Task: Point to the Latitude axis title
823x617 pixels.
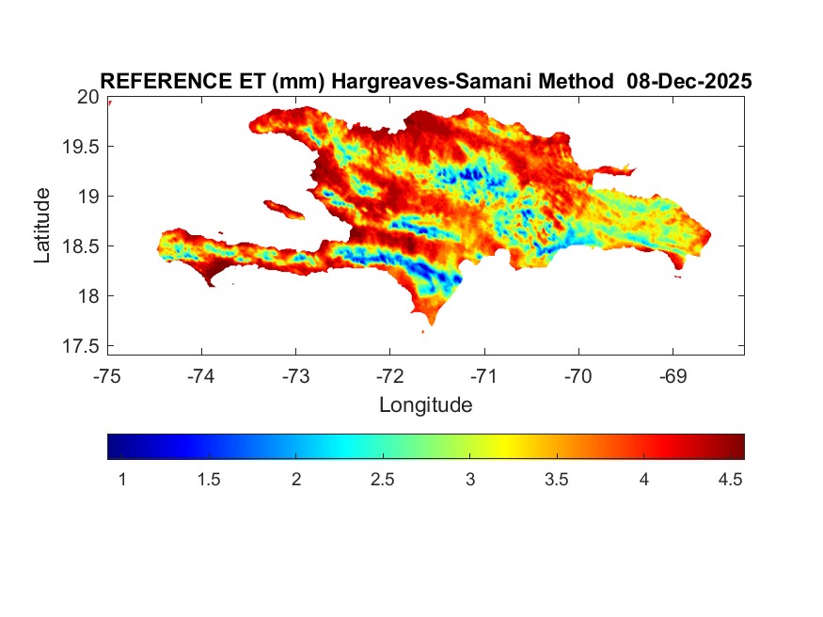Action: (x=42, y=225)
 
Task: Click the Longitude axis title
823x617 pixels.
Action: (x=425, y=405)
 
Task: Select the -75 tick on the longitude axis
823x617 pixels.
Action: (x=108, y=376)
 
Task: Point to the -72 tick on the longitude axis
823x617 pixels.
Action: (x=390, y=376)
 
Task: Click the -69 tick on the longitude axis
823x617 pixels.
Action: (x=673, y=376)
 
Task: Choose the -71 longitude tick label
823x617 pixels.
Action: (x=484, y=376)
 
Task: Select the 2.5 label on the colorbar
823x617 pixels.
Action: (x=383, y=480)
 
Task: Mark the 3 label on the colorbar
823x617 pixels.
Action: (x=469, y=480)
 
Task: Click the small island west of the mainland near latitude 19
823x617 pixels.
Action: (x=283, y=208)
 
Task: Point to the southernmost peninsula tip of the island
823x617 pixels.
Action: (x=431, y=323)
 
